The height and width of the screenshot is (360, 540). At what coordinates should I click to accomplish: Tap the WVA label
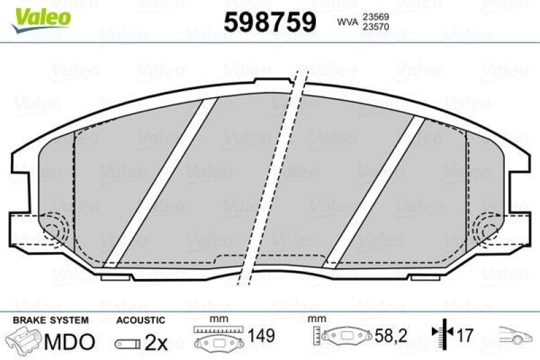[347, 23]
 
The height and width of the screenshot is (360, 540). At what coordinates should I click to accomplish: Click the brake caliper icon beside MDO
[23, 340]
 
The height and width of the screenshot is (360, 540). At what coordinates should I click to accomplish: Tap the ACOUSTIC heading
[140, 319]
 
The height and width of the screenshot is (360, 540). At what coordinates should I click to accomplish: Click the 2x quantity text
[156, 342]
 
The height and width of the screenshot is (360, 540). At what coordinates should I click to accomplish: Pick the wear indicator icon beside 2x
[128, 343]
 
